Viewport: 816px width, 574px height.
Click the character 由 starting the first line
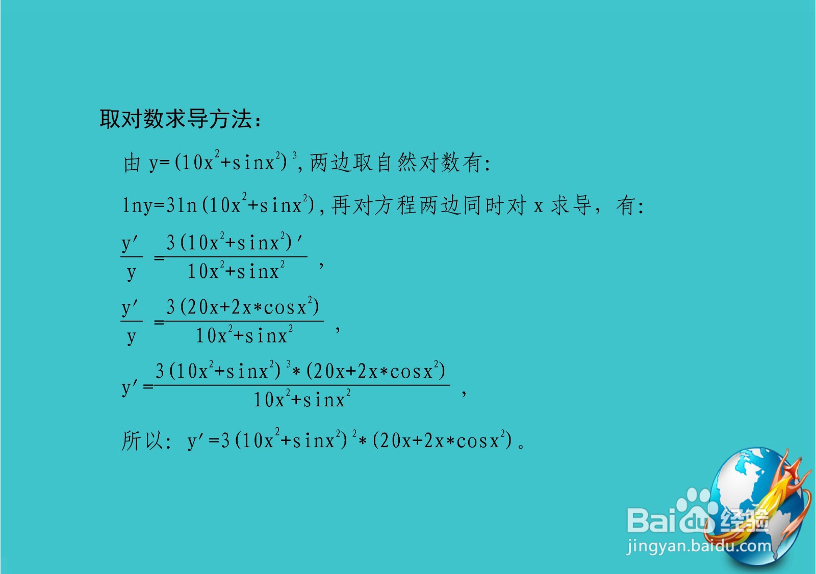point(132,163)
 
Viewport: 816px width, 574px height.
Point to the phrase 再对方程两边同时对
point(428,205)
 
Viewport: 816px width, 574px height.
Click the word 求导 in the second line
point(571,205)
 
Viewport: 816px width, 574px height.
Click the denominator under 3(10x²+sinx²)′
point(236,271)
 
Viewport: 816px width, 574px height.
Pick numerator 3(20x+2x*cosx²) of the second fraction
point(243,307)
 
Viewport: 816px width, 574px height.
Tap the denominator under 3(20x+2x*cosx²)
point(244,335)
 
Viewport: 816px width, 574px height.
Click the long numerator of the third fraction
point(300,371)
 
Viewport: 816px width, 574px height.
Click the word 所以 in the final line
point(142,440)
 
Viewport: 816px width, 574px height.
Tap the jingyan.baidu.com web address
point(699,546)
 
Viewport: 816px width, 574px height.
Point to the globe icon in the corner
point(755,505)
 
